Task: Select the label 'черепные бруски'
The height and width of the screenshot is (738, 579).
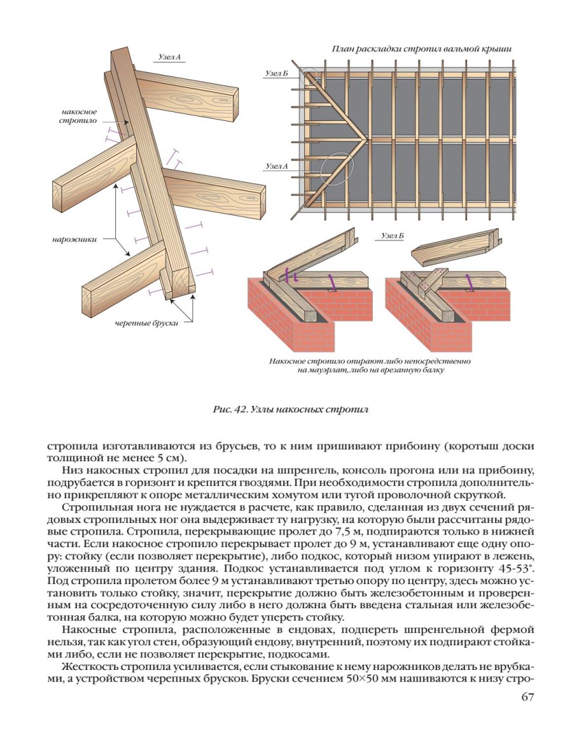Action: (146, 323)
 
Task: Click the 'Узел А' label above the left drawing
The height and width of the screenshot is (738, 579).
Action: (169, 57)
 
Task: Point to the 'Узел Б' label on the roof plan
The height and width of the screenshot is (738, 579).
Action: (277, 74)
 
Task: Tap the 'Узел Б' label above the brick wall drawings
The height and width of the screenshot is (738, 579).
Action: (393, 236)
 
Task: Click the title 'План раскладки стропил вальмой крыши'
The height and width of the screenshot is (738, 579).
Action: (422, 49)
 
